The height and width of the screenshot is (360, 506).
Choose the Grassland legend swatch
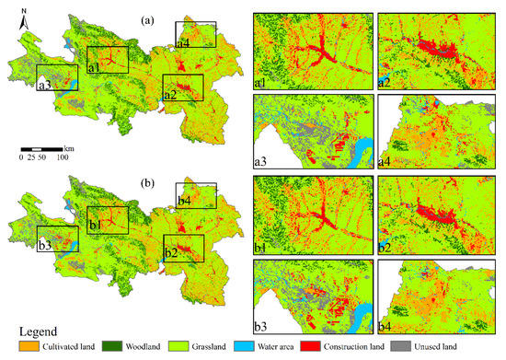(192, 346)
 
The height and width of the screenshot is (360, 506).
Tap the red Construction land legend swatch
(349, 346)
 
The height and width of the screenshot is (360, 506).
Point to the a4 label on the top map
(183, 41)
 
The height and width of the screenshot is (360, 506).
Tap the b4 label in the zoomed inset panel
(387, 325)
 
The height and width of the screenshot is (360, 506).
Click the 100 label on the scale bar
(63, 157)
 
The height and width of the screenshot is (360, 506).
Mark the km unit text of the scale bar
(69, 147)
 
